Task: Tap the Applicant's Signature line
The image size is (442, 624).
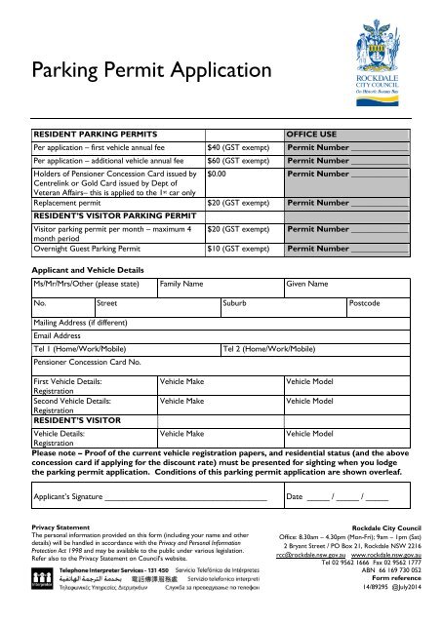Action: click(x=185, y=495)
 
